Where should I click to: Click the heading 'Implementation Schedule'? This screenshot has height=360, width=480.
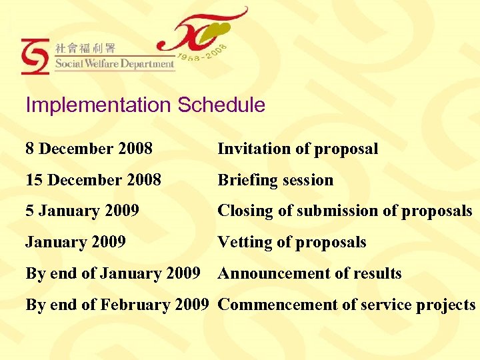(145, 105)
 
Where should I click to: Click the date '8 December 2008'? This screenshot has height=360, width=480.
(89, 149)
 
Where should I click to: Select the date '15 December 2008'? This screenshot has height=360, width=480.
(93, 180)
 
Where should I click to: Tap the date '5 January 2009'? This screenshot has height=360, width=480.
(82, 211)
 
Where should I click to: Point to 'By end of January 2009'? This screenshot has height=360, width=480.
(113, 273)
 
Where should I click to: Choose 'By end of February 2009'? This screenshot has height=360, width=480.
(117, 305)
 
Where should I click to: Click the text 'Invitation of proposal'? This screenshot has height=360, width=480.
(298, 149)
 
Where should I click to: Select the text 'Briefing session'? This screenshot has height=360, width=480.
(275, 180)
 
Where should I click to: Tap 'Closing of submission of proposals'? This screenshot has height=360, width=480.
(345, 211)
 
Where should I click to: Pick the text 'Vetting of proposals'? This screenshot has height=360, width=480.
(292, 242)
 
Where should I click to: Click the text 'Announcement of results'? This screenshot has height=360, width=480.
(310, 273)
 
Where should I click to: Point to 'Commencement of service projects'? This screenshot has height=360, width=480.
(347, 305)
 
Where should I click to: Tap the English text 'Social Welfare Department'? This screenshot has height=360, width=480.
(115, 65)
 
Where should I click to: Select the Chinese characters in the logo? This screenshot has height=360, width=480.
(85, 48)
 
